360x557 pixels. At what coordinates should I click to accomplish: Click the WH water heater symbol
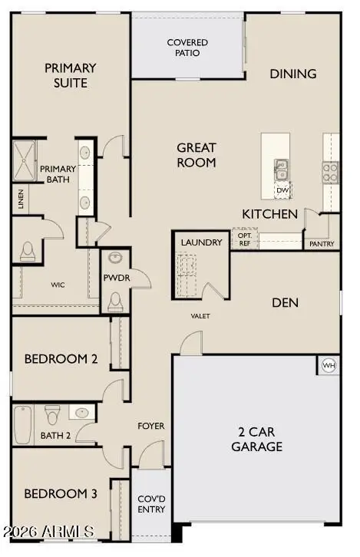[x=329, y=365]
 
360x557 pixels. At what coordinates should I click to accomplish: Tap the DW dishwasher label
[x=282, y=190]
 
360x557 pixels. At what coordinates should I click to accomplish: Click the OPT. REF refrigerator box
[x=244, y=239]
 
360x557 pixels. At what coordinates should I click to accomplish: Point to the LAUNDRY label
[x=201, y=242]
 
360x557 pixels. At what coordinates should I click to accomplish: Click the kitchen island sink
[x=282, y=166]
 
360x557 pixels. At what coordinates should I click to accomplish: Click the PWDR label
[x=115, y=278]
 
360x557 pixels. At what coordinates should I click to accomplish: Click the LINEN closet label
[x=19, y=200]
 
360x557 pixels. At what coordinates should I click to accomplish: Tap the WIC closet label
[x=58, y=285]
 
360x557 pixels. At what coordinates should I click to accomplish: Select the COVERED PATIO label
[x=187, y=48]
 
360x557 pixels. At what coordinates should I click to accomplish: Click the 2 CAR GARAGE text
[x=256, y=439]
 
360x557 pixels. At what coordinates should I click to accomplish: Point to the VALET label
[x=200, y=315]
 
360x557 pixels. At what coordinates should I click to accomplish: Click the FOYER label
[x=150, y=426]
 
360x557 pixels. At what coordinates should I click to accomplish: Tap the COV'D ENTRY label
[x=150, y=504]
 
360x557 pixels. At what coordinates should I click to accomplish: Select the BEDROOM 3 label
[x=60, y=493]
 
